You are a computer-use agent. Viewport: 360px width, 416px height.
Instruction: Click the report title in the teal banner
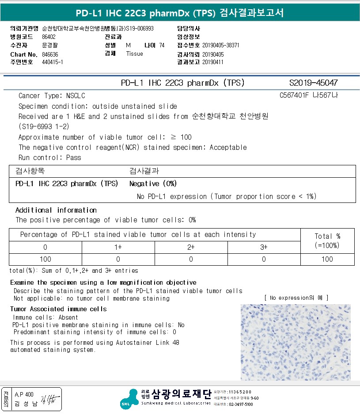click(180, 13)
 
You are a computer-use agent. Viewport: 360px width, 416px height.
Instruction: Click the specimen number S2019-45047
click(313, 83)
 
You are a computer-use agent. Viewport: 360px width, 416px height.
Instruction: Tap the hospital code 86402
click(49, 37)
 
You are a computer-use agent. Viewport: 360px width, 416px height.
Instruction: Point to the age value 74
click(162, 46)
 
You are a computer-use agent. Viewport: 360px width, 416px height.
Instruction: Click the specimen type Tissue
click(134, 54)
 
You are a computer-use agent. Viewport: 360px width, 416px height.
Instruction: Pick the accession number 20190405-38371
click(220, 46)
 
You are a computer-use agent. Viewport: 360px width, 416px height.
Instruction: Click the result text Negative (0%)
click(153, 183)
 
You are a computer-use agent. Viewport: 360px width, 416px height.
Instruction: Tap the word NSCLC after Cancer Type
click(76, 95)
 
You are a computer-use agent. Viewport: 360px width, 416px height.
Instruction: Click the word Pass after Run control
click(74, 157)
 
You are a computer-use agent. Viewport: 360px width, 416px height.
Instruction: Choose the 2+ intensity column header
click(191, 247)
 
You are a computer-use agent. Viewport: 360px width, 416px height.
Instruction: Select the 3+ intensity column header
click(264, 247)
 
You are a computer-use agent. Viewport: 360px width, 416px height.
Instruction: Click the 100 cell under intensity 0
click(45, 259)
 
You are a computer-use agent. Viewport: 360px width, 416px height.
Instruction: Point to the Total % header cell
click(327, 240)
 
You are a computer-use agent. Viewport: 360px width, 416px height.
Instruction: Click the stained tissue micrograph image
click(296, 342)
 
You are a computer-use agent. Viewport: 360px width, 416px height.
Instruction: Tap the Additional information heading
click(56, 210)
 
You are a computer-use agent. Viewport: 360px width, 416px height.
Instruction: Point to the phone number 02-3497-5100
click(240, 405)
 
